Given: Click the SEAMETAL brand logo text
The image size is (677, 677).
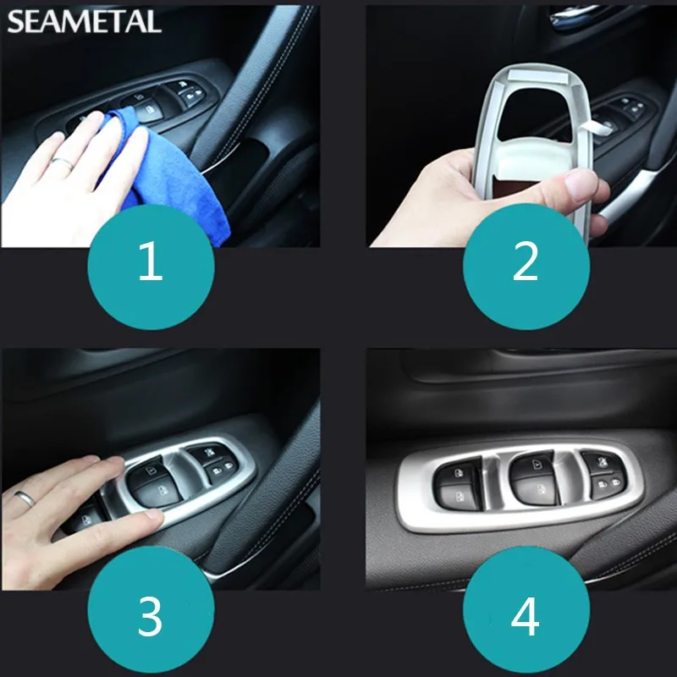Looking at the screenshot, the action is pos(84,22).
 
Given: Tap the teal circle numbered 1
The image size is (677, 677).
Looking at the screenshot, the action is pos(151,267).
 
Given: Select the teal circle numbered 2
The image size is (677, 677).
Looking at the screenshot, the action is pos(526,267).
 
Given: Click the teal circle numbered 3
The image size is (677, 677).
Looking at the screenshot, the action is pos(151,608).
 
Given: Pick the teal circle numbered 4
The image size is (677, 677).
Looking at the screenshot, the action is pos(526,608).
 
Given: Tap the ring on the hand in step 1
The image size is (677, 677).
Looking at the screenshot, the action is pos(63,163).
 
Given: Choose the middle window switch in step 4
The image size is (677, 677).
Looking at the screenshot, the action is pos(534,476).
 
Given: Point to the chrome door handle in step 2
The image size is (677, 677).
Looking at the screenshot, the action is pos(570,18).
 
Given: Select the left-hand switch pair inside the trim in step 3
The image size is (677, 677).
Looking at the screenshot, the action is pos(153,483).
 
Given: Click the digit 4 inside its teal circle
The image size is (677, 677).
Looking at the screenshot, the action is pos(525,616).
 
